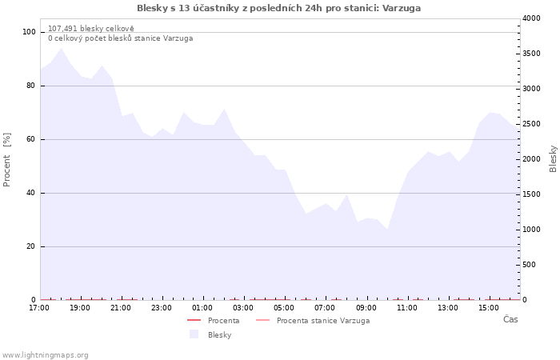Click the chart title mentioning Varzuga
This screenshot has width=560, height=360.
(x=278, y=8)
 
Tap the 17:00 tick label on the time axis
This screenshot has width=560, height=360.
(x=39, y=308)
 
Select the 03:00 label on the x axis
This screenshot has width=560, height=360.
(x=243, y=308)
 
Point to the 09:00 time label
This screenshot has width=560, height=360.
(x=366, y=308)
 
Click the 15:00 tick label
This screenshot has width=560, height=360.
(x=489, y=308)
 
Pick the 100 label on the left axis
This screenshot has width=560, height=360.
(x=30, y=32)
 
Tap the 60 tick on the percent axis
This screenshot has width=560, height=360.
(x=31, y=139)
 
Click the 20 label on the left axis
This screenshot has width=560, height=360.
(x=31, y=246)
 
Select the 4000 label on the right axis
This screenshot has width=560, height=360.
(x=531, y=18)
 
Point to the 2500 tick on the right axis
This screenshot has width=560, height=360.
(x=531, y=124)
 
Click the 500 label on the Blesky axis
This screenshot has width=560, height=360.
(x=529, y=265)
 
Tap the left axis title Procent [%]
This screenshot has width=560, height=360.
(x=6, y=160)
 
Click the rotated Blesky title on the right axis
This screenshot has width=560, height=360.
(x=553, y=158)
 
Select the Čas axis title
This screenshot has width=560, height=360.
(x=510, y=319)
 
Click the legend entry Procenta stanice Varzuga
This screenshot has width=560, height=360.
(x=323, y=321)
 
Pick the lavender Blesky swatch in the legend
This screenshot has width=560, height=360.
(x=194, y=334)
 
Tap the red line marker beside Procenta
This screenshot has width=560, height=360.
(x=194, y=320)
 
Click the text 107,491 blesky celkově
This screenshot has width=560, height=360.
(x=91, y=29)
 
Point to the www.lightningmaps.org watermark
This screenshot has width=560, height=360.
(x=45, y=355)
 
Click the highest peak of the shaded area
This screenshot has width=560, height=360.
(x=61, y=48)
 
